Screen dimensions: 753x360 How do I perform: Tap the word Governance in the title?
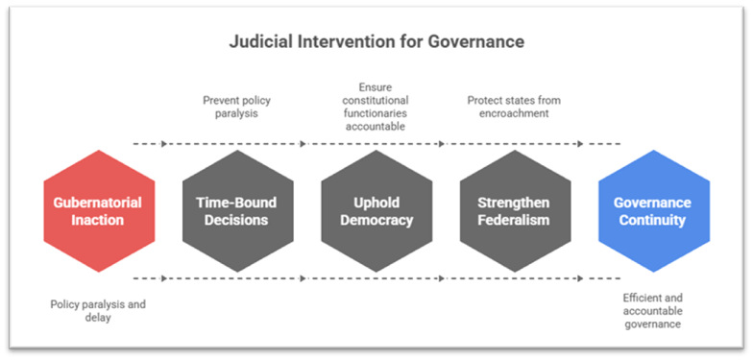point(477,43)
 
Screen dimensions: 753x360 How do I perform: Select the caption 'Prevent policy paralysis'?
point(237,106)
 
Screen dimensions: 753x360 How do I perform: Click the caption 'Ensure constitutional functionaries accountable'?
point(376,106)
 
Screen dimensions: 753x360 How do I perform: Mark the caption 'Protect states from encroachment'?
point(514,106)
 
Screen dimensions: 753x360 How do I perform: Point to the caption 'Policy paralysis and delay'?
point(99,311)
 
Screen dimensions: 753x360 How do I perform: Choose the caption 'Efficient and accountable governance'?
point(653,311)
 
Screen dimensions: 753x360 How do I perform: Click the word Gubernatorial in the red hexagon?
point(99,203)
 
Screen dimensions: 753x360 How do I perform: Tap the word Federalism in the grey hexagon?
point(514,220)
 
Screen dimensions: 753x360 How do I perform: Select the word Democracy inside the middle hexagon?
point(376,220)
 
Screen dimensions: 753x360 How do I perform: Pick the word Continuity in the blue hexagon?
point(653,220)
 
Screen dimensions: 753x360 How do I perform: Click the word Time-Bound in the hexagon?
point(237,203)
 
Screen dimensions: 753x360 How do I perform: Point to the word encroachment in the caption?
point(514,112)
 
